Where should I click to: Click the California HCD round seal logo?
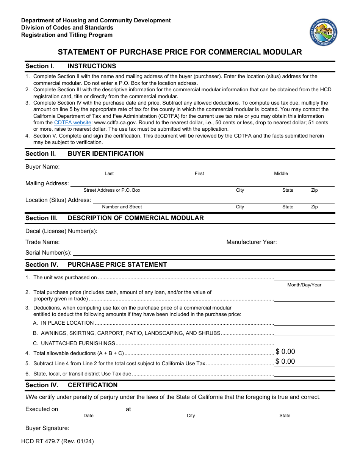323,32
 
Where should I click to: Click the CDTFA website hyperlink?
72,123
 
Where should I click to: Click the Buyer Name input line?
197,167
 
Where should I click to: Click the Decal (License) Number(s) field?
216,231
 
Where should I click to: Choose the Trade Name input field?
142,242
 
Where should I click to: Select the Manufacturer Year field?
306,242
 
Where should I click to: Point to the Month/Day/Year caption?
304,285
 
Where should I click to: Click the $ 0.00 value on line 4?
285,352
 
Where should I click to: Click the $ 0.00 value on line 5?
285,362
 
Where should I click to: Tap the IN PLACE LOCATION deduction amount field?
304,323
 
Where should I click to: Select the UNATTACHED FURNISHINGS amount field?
304,343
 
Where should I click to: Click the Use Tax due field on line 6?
304,374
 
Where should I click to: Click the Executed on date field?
91,409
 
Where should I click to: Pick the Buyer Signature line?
202,428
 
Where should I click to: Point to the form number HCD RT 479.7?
59,441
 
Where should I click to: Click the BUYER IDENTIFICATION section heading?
106,154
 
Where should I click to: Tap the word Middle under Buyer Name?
281,174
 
